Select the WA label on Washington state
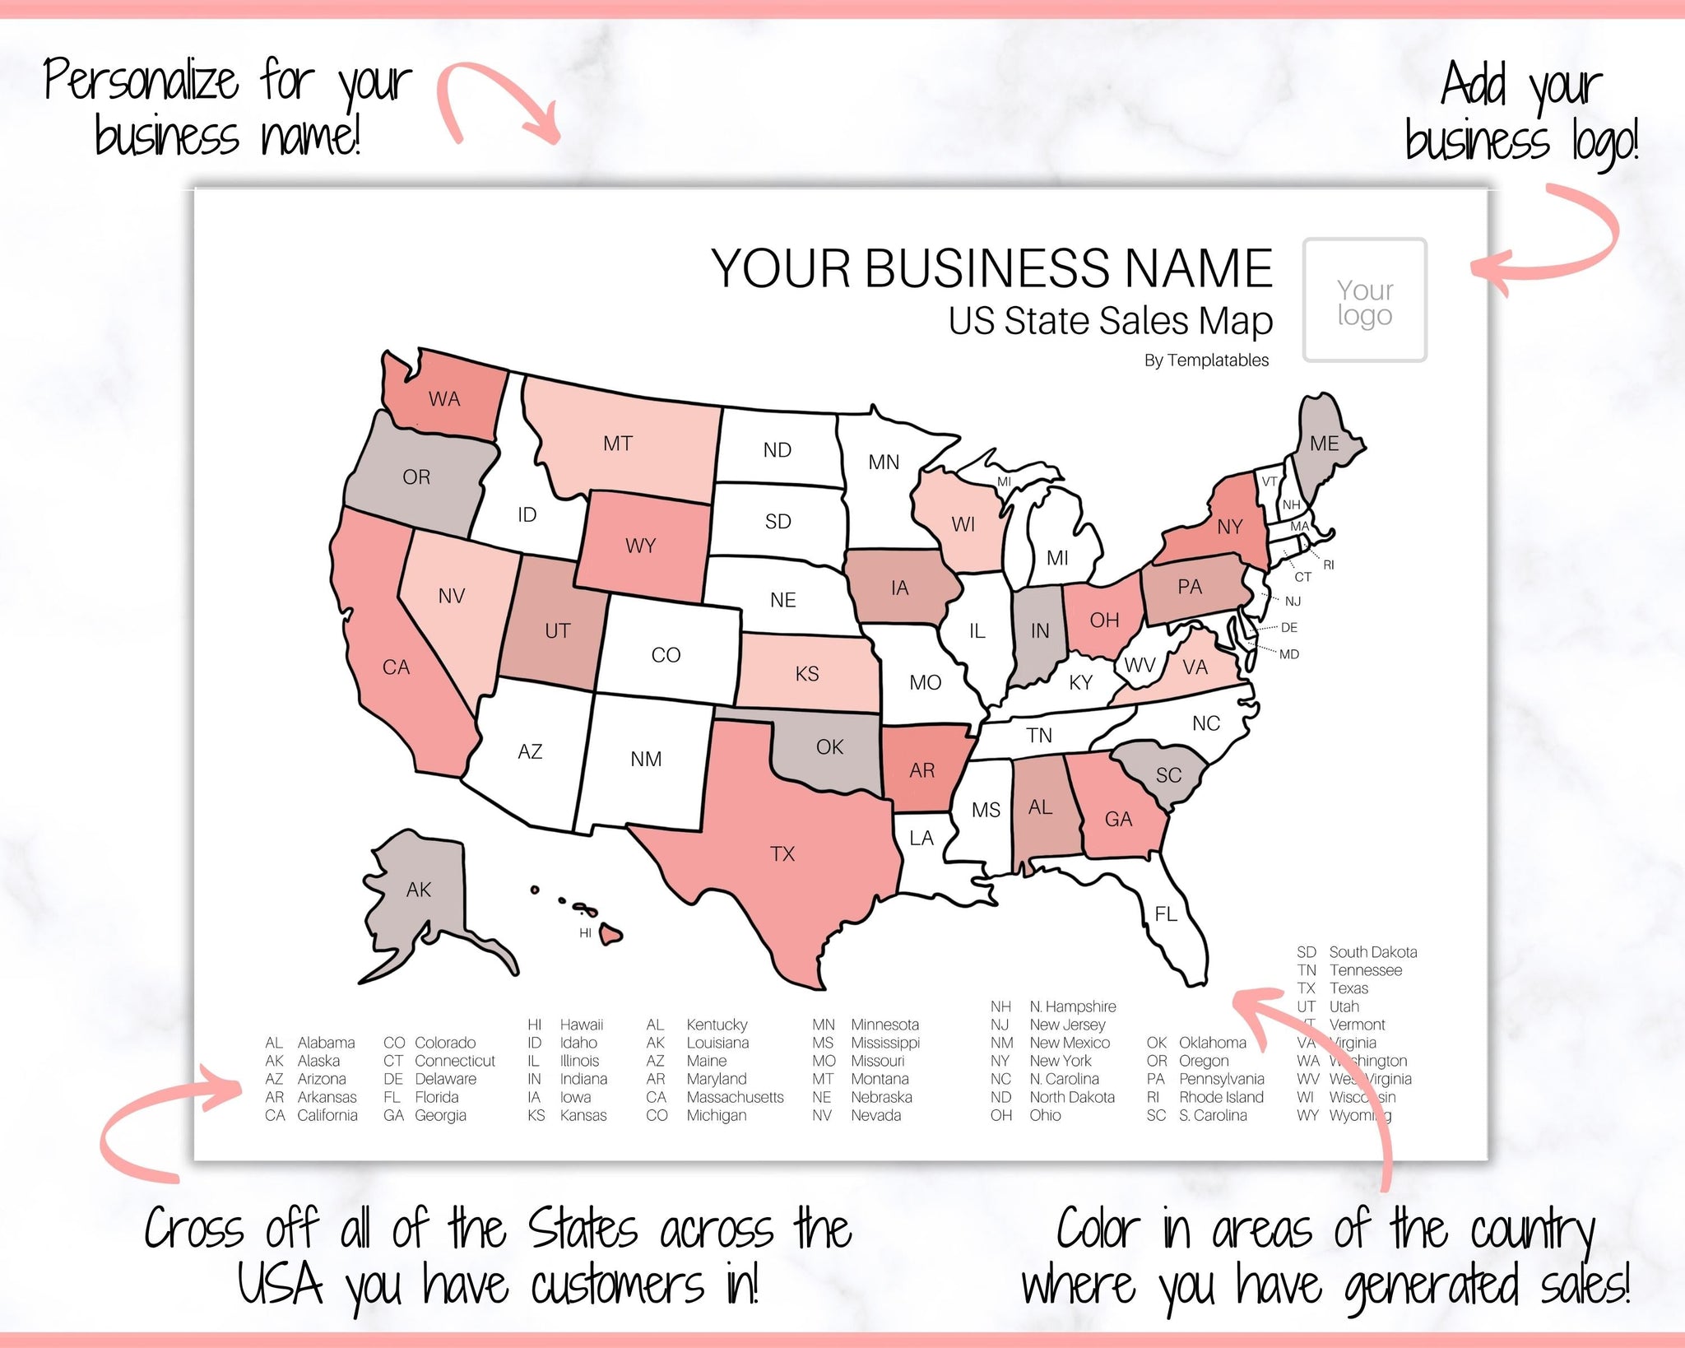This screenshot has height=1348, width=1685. [444, 399]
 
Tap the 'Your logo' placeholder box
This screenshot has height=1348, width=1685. [1365, 300]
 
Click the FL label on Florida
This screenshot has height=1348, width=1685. [1166, 913]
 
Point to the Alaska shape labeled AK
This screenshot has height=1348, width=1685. [418, 897]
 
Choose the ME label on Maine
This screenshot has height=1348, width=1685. [1325, 444]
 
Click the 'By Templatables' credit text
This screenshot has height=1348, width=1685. [1206, 360]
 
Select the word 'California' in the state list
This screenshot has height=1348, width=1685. [327, 1115]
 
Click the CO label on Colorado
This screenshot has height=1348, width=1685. [666, 655]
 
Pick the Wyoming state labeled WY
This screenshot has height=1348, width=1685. [641, 546]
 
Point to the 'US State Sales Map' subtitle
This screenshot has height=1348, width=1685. [1110, 321]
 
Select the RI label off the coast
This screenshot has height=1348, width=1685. [1329, 565]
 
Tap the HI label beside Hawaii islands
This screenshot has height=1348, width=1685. [585, 933]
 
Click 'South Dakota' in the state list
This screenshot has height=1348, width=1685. [1372, 952]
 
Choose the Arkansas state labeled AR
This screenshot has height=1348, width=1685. [922, 770]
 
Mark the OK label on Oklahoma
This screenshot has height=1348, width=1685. [829, 747]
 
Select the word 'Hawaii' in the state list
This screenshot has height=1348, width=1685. [581, 1025]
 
